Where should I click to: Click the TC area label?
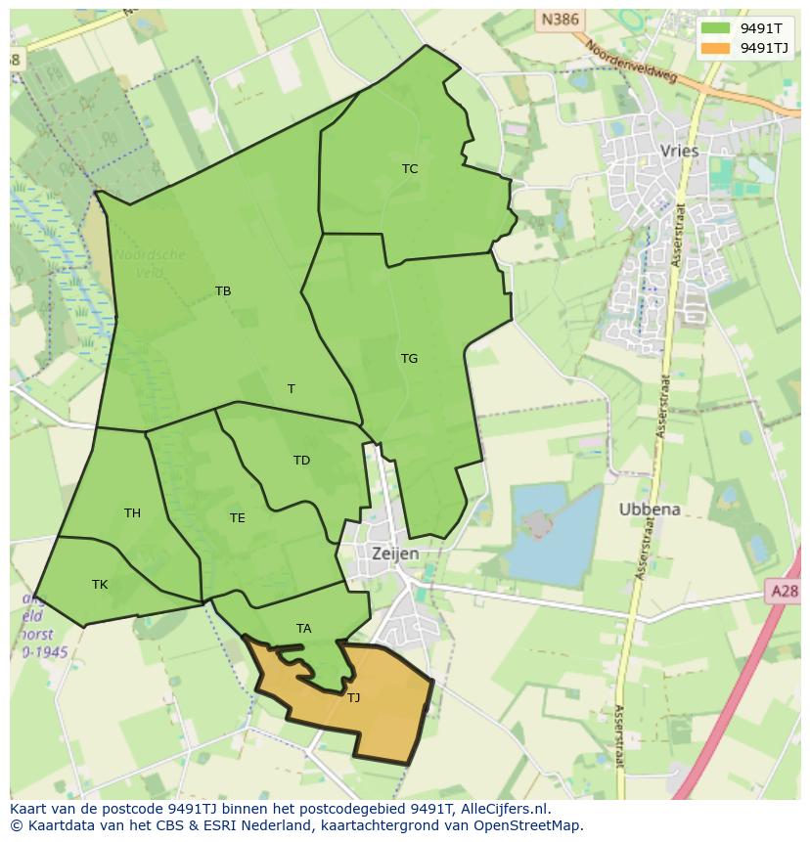pos(410,169)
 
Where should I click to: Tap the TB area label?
pos(223,291)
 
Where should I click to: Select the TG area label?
pos(409,359)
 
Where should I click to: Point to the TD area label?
pos(301,461)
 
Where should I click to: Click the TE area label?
pos(237,518)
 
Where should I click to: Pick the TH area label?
pos(132,513)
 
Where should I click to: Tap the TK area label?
pos(100,585)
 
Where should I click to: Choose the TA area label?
pos(303,629)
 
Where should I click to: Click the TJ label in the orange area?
pos(353,698)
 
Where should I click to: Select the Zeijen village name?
pos(395,554)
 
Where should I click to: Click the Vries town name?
pos(680,151)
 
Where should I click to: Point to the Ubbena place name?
pos(649,510)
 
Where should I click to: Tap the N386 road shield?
pos(559,19)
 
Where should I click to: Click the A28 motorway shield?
pos(784,591)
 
